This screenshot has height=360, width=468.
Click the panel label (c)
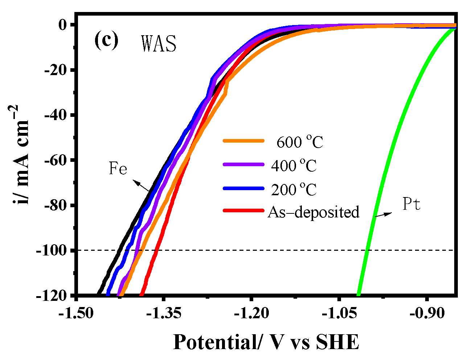point(106,41)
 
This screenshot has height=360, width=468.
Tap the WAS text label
point(159,44)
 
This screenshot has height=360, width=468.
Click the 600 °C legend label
point(300,142)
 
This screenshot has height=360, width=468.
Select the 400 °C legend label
point(294,166)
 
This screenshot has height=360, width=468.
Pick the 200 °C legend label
point(294,189)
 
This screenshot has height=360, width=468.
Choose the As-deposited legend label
point(313,212)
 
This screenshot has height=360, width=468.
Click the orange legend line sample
point(243,141)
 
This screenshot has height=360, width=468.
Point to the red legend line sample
point(243,210)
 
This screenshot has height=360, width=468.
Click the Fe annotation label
point(118,169)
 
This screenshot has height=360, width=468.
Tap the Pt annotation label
point(411,205)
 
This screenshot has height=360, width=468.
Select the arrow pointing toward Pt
point(383,214)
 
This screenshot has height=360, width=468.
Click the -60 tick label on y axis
point(57,160)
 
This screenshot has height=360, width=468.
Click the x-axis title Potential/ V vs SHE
point(266,342)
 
